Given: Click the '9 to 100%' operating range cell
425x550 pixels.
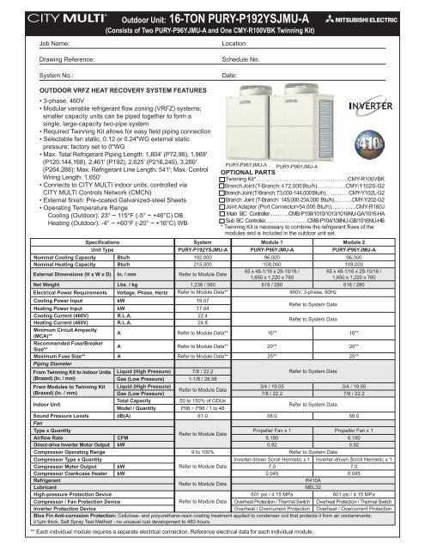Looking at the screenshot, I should click(x=198, y=473).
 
